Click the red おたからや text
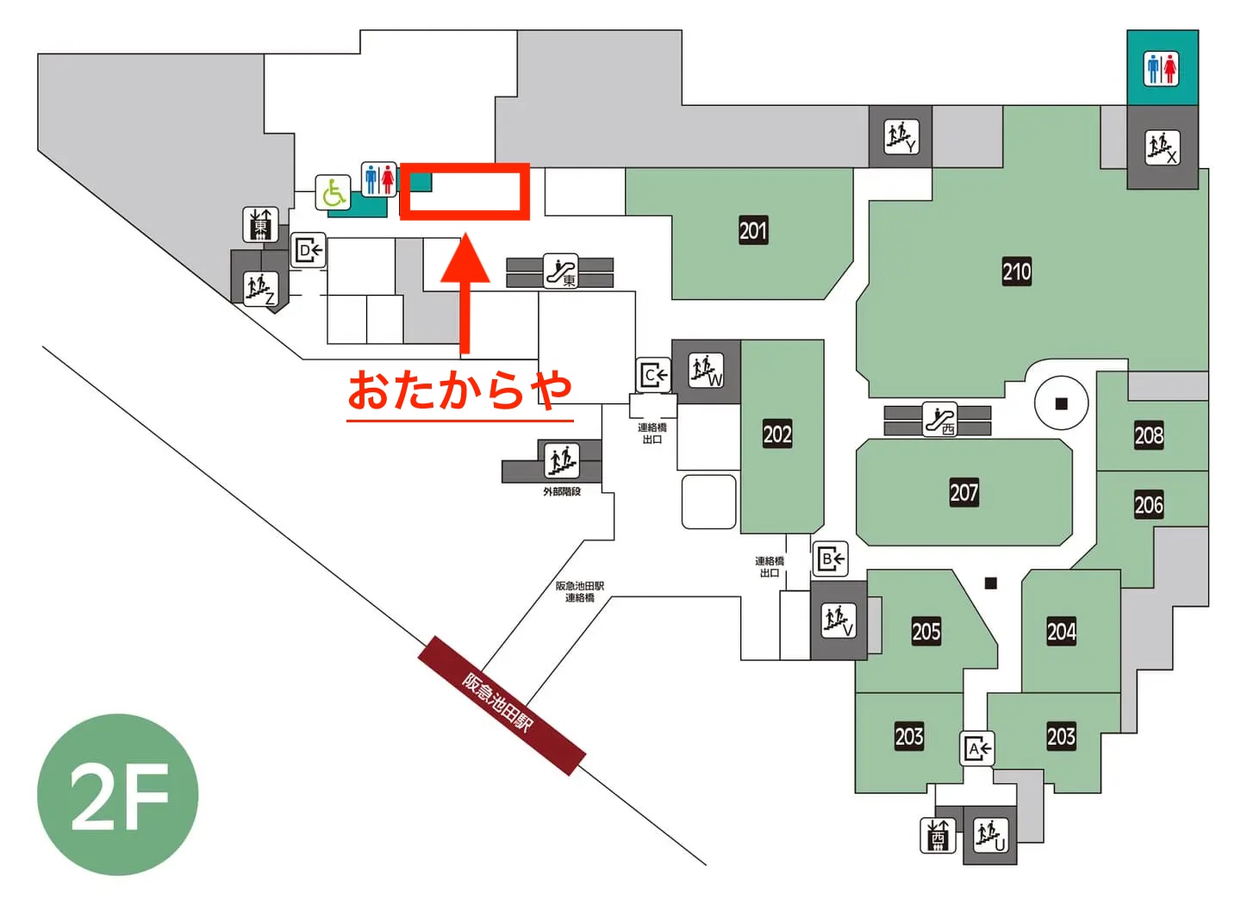click(x=459, y=390)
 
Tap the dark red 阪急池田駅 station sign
click(x=502, y=705)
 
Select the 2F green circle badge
click(x=118, y=795)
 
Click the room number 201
click(x=752, y=230)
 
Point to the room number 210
click(x=1016, y=272)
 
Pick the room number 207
click(x=963, y=493)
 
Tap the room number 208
click(x=1148, y=435)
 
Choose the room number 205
click(x=926, y=632)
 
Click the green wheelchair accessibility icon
click(x=333, y=192)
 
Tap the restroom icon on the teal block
click(x=1162, y=69)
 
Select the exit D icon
click(x=308, y=251)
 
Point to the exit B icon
click(x=831, y=560)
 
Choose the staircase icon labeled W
click(x=706, y=371)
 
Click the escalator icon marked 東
click(x=561, y=271)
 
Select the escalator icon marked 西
click(x=940, y=420)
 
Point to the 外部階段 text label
click(x=562, y=492)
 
